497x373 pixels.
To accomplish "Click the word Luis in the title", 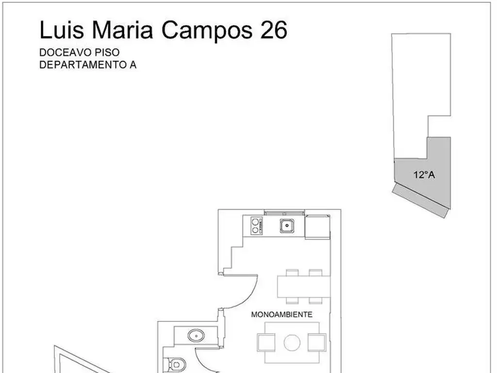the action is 62,30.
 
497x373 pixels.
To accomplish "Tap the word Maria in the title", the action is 123,30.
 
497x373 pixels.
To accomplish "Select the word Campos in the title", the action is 207,31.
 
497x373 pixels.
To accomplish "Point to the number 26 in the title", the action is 274,30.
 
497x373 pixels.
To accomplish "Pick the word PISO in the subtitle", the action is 107,52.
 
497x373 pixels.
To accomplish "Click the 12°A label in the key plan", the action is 424,175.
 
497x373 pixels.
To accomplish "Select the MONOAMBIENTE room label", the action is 282,314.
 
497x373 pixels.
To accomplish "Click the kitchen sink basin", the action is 287,226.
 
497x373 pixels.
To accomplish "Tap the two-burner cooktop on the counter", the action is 256,226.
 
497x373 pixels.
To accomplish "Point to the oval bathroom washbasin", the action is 196,336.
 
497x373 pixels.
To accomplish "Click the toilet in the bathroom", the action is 174,365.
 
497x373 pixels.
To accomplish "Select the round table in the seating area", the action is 292,343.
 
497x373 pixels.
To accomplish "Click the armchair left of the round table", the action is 266,343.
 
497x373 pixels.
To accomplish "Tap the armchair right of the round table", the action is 317,343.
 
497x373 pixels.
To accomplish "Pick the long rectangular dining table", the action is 304,287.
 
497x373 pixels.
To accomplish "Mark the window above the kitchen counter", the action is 284,213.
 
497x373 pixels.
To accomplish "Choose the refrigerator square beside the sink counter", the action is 317,227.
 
